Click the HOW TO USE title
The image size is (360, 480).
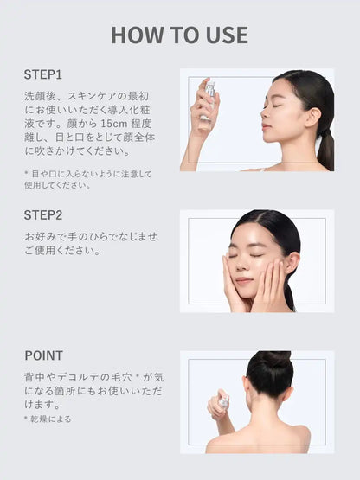coord(179,35)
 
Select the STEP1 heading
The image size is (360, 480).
coord(42,74)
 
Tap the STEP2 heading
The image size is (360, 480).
coord(43,214)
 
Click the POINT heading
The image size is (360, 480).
coord(43,355)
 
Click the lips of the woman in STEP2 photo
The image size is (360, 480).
coord(245,281)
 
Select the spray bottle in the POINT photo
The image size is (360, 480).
coord(222,402)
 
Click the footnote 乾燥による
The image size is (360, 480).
coord(51,419)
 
